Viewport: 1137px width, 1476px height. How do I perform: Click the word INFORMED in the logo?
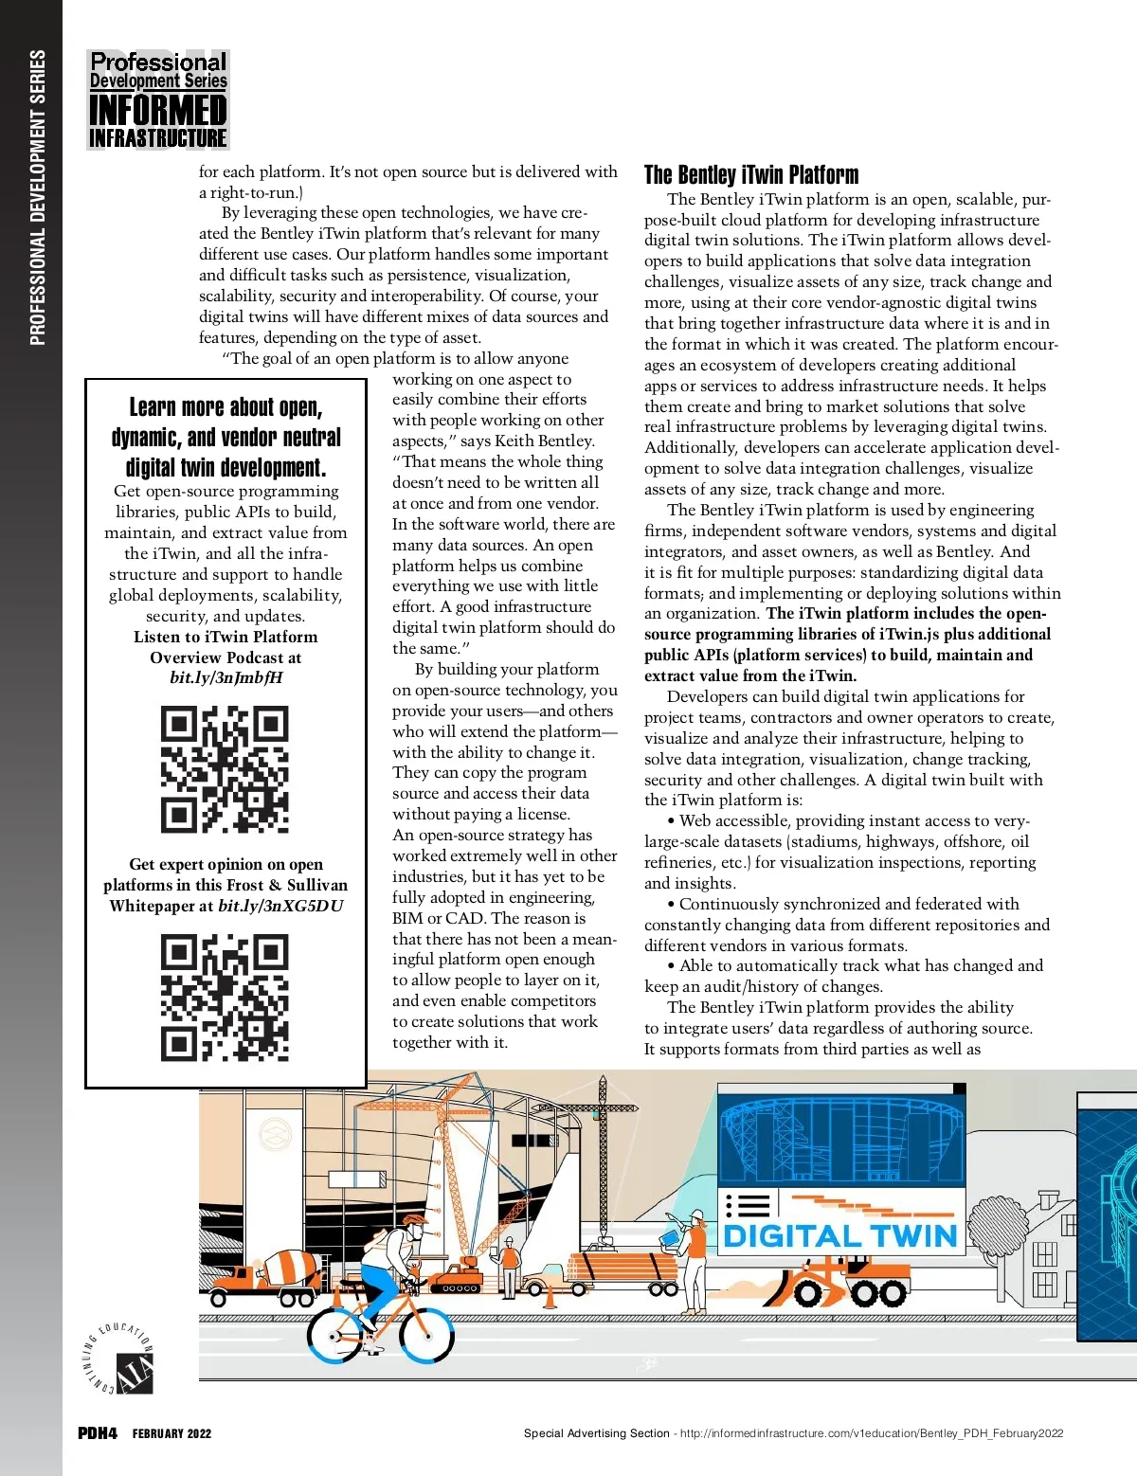point(157,110)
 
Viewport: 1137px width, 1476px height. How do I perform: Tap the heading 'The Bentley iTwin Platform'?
point(751,175)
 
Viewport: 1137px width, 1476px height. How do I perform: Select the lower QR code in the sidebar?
point(225,998)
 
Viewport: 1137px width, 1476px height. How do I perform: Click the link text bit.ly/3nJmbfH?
point(226,677)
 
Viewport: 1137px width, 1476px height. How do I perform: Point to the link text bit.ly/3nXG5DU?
point(280,906)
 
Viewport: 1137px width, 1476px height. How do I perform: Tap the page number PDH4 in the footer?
point(97,1433)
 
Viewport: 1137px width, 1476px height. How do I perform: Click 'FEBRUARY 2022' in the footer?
point(171,1434)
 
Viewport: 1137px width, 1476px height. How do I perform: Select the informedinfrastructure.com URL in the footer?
point(872,1433)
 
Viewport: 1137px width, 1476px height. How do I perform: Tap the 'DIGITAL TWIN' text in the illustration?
point(839,1236)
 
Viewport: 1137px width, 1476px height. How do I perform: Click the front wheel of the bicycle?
point(426,1335)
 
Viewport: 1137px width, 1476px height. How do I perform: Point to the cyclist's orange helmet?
point(414,1221)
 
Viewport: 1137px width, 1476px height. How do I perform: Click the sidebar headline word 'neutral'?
point(304,438)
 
